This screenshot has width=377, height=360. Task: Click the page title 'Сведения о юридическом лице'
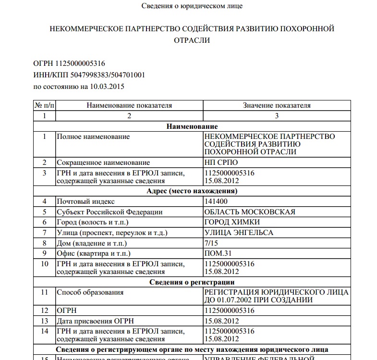point(192,6)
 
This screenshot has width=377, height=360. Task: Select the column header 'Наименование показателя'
point(129,105)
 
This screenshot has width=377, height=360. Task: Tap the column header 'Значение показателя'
point(277,105)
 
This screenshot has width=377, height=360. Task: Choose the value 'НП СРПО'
point(221,162)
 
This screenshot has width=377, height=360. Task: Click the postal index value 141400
point(216,201)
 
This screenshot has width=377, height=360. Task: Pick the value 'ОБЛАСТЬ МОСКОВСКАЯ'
point(250,212)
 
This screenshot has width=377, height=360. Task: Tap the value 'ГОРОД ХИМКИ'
point(232,222)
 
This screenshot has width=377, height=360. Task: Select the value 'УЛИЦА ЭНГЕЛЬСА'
point(239,233)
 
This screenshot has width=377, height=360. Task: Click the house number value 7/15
point(211,243)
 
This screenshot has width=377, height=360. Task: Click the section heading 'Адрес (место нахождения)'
point(192,191)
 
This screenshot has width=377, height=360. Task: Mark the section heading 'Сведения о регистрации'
point(192,282)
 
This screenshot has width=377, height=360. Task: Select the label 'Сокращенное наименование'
point(103,162)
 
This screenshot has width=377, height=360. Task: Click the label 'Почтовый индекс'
point(86,201)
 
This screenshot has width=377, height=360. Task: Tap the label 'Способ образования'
point(90,292)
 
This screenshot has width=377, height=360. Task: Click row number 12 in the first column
point(45,310)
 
